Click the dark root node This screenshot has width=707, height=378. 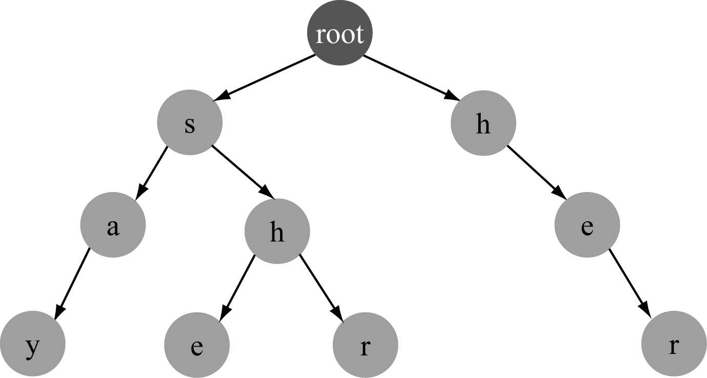point(339,34)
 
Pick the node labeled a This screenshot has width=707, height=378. point(113,225)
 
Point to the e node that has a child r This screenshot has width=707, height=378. point(587,225)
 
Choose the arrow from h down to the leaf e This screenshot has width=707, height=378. point(238,287)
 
